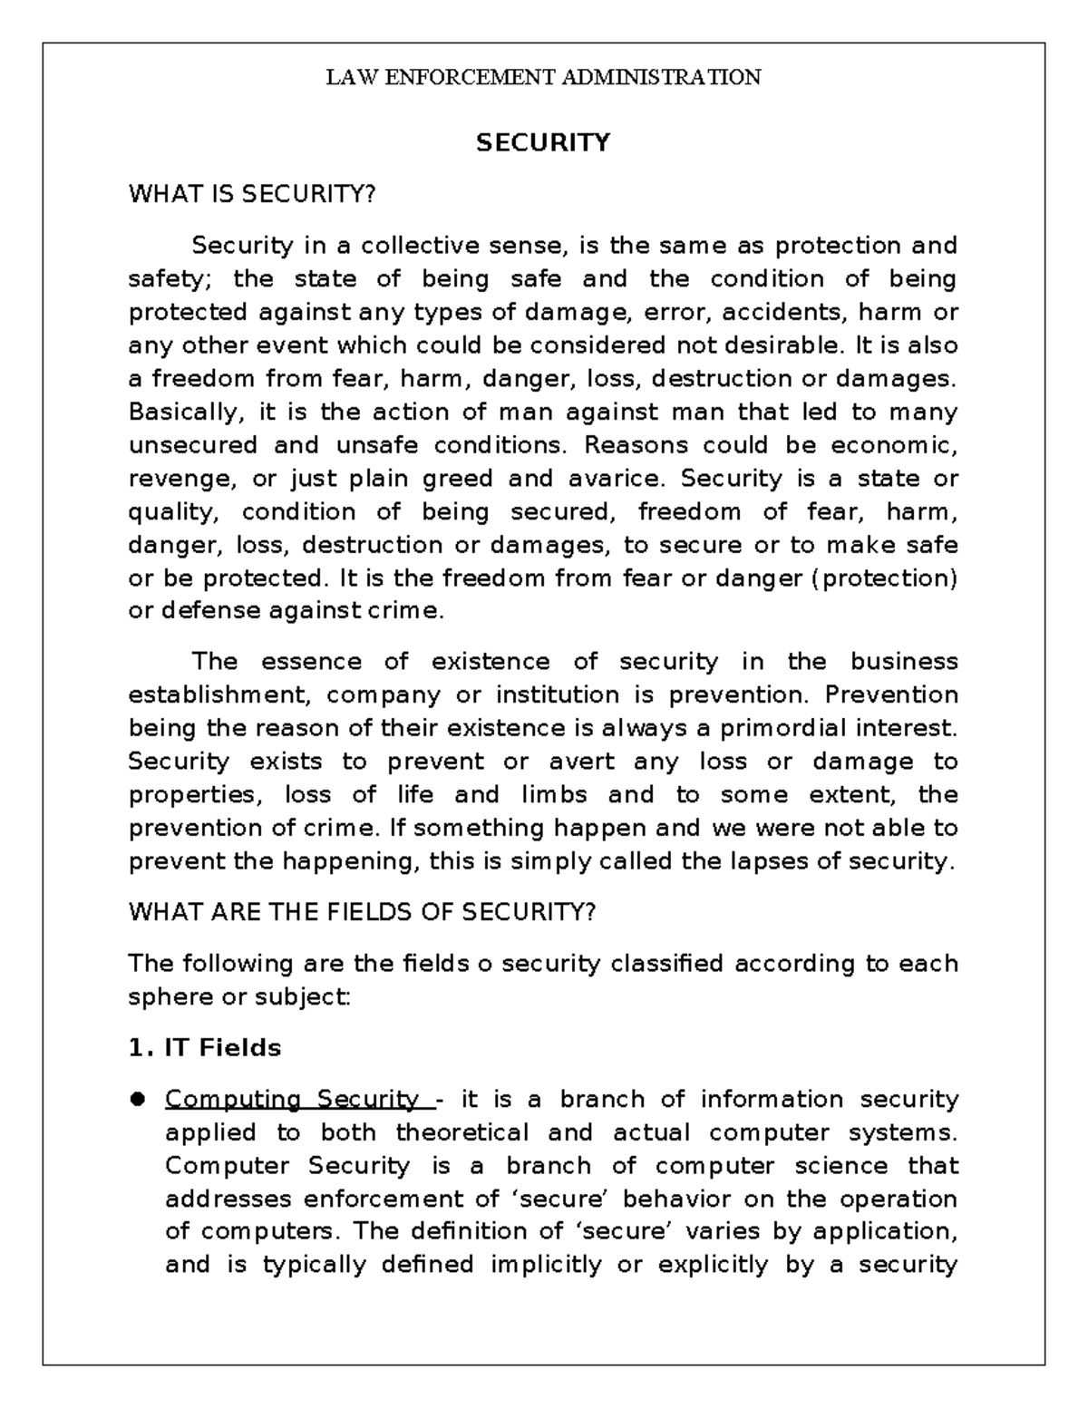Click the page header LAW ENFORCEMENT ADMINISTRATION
pos(543,77)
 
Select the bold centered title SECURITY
pos(543,143)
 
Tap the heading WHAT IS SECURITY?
pos(251,194)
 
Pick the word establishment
pos(220,695)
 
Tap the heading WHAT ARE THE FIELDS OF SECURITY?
pos(363,912)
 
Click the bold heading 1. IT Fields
pos(205,1048)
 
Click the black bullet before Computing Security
pos(139,1100)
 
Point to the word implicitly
pos(546,1265)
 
